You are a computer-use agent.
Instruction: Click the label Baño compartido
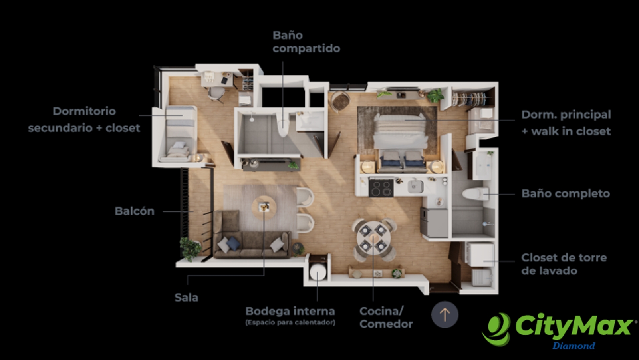coord(306,42)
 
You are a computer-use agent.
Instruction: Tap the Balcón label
coord(134,211)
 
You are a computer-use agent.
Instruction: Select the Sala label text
coord(186,298)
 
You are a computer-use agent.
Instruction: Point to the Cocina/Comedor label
coord(386,318)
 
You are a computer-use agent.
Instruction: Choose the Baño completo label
coord(566,193)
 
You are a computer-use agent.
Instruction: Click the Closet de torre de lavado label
coord(564,264)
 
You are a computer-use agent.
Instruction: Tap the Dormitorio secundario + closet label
coord(84,119)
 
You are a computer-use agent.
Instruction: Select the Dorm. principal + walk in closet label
coord(566,123)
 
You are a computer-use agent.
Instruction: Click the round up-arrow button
coord(445,314)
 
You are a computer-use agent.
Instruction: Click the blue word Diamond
coord(574,346)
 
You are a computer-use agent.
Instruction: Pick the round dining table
coord(373,238)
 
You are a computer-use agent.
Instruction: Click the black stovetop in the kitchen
coord(381,188)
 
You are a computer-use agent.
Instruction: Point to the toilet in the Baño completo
coord(475,194)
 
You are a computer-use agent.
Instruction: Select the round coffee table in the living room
coord(264,207)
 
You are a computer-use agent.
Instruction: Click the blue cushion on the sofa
coord(233,243)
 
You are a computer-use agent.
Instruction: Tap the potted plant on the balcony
coord(190,249)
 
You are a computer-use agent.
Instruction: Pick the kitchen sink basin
coord(416,187)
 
